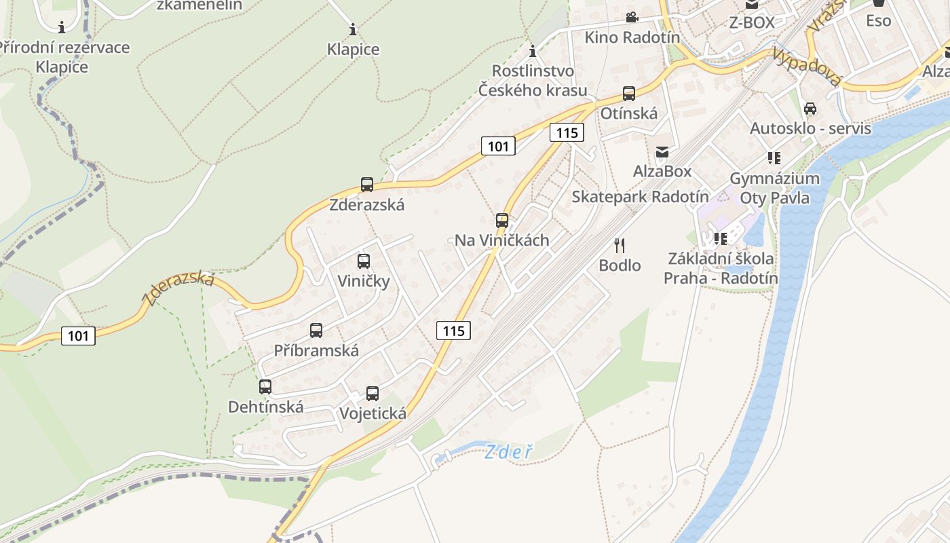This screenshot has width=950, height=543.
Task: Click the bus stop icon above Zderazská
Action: point(367,184)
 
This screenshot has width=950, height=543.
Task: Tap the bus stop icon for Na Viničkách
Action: point(502,220)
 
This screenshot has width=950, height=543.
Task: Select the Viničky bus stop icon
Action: point(364,261)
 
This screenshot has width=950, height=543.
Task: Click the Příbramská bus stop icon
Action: point(316,331)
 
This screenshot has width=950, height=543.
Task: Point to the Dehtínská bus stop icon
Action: point(265,386)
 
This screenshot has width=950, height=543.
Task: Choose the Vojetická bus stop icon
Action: point(373,393)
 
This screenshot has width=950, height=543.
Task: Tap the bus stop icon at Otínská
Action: point(629,94)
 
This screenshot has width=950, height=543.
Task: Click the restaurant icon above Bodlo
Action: point(620,245)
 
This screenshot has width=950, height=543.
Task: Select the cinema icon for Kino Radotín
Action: point(632,17)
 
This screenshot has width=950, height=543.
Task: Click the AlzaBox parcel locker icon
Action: point(662,152)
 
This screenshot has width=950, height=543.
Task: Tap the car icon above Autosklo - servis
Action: point(810,109)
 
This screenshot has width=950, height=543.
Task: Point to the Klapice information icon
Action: point(353,29)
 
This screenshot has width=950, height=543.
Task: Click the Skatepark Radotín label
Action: point(640,197)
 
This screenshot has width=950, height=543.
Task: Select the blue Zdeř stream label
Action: point(509,451)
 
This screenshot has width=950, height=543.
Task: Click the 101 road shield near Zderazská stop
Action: point(498,145)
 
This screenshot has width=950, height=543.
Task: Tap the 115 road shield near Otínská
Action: point(567,132)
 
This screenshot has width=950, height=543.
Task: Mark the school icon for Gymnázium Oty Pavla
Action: point(774,158)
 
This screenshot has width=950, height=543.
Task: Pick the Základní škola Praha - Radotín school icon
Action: point(721,238)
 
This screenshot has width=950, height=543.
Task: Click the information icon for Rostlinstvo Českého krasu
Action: point(533,51)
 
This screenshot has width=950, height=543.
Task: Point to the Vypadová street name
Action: point(807,67)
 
